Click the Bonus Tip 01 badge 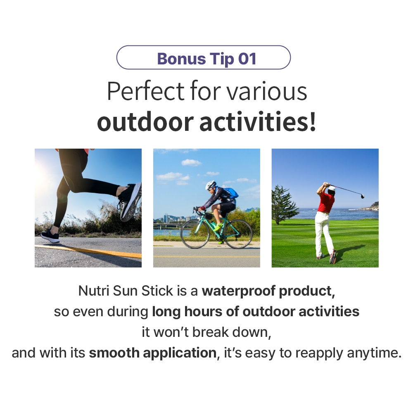203,57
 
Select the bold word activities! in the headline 257,122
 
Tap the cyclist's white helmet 211,185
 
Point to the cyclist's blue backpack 232,193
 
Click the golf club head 363,196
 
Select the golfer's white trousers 324,233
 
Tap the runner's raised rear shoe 130,201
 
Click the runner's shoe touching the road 50,236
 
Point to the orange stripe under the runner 88,251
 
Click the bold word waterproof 238,291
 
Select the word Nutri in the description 94,291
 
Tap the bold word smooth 114,353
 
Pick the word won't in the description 171,332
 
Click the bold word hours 203,311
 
